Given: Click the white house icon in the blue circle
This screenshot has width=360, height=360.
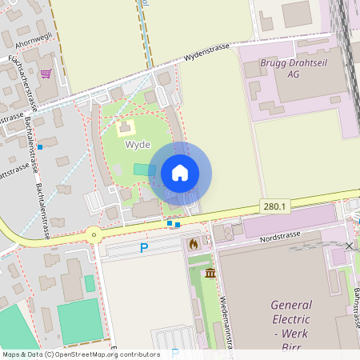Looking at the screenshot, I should pyautogui.click(x=180, y=173).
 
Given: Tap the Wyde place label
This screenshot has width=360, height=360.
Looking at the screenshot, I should pyautogui.click(x=137, y=145).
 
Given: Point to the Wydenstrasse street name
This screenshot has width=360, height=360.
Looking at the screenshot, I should pyautogui.click(x=206, y=52).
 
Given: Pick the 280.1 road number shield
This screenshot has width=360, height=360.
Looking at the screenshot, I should pyautogui.click(x=274, y=206).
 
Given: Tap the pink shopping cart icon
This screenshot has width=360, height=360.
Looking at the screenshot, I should pyautogui.click(x=46, y=74).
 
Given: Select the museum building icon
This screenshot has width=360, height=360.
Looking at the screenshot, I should pyautogui.click(x=210, y=274).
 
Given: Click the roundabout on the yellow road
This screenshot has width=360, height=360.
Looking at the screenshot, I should pyautogui.click(x=94, y=235).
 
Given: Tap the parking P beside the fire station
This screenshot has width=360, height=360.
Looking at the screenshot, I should pyautogui.click(x=144, y=248).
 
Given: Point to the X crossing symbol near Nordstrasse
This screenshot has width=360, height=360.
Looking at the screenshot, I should pyautogui.click(x=349, y=246).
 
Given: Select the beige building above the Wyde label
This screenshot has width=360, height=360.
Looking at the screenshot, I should pyautogui.click(x=125, y=127).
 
